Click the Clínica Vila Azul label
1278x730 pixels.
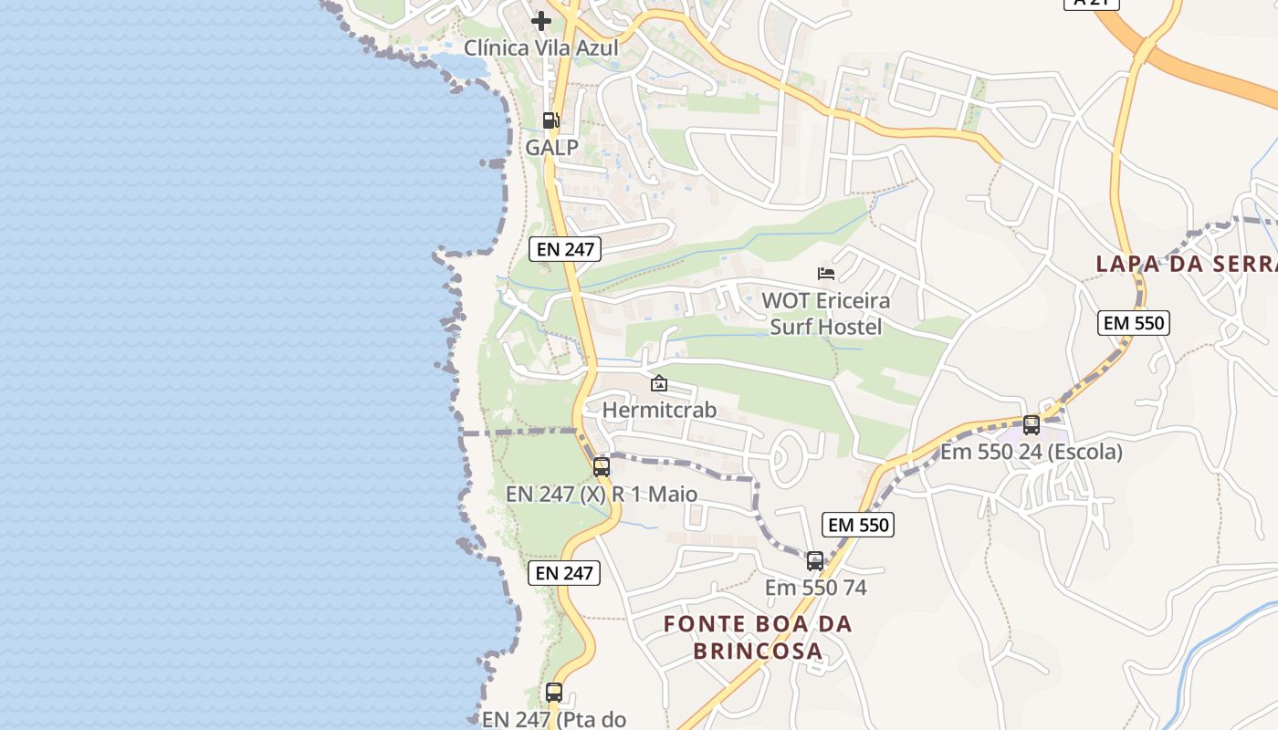(540, 47)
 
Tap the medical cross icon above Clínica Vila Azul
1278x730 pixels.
(541, 21)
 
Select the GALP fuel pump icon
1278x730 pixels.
(550, 120)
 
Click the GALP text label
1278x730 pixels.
(551, 146)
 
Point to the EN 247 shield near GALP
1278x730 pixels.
(565, 248)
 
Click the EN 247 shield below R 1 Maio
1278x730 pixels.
(564, 573)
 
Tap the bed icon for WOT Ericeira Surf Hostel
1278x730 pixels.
(826, 274)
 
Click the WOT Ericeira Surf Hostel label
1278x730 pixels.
(826, 313)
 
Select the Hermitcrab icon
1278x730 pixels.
(659, 384)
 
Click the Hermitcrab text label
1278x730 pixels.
(659, 411)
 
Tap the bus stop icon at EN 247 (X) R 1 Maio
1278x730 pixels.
(602, 467)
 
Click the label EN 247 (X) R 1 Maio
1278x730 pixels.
(602, 495)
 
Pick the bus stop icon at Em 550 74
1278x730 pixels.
(815, 561)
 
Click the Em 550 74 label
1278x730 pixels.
(815, 588)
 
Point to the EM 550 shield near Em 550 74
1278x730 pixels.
(857, 525)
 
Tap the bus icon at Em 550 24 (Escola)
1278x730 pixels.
(1032, 424)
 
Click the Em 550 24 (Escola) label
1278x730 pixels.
(1032, 452)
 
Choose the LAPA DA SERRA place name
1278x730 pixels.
(1186, 264)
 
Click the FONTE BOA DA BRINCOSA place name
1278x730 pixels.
(758, 638)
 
